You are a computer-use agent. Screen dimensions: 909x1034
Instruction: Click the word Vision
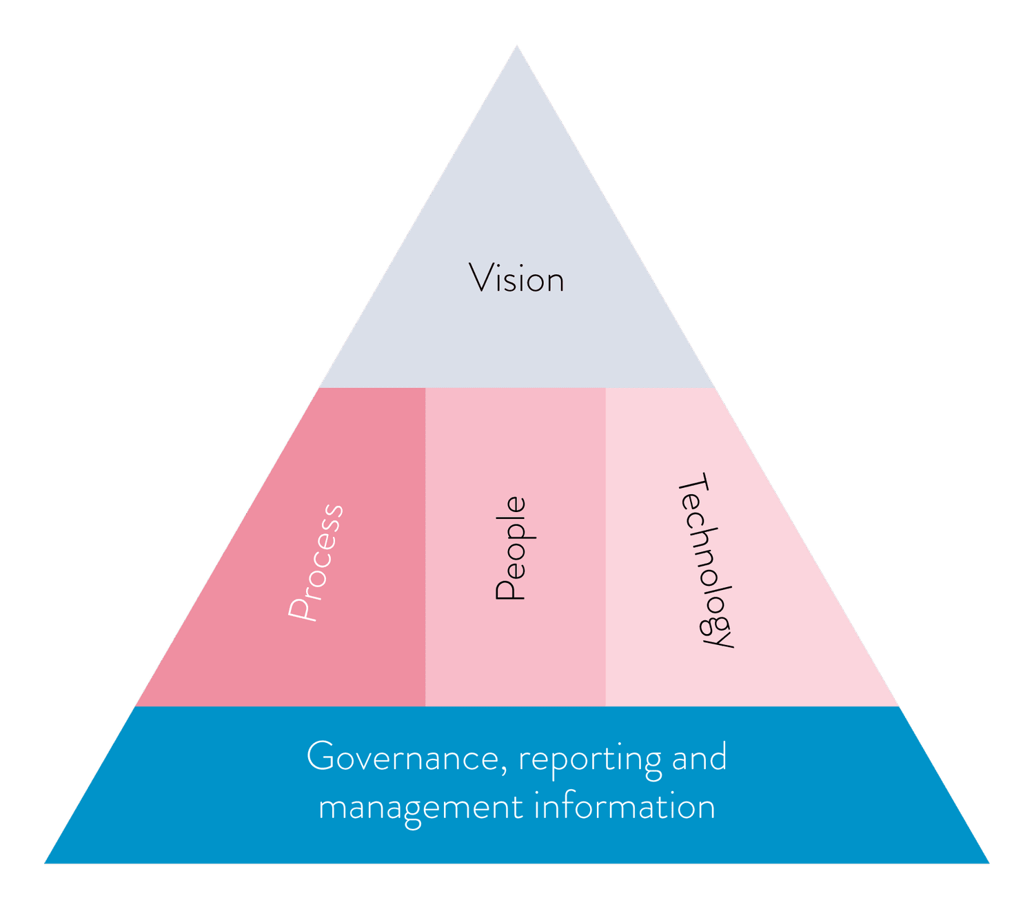click(x=516, y=279)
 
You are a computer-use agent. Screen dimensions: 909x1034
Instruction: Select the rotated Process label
click(x=316, y=562)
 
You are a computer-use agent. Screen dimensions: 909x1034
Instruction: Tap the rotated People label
click(x=511, y=549)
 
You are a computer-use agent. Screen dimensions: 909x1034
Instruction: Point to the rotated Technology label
click(x=706, y=560)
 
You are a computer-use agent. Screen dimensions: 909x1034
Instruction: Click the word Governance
click(x=401, y=757)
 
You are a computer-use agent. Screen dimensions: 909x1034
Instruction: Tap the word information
click(x=625, y=806)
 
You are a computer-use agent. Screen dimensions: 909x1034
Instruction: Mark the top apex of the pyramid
click(x=517, y=47)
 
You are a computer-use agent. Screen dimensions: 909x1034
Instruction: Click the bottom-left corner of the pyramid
click(x=46, y=863)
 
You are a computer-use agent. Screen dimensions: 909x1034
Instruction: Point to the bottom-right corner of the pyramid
click(x=989, y=863)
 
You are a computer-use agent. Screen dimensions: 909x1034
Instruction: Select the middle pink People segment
click(x=516, y=655)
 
